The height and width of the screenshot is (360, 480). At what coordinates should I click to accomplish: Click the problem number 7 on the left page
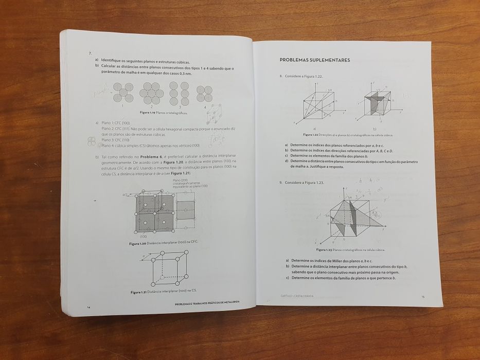click(x=90, y=53)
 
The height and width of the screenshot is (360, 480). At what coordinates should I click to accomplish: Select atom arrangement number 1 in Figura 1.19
click(x=123, y=93)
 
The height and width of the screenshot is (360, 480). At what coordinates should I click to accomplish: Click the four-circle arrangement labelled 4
click(x=204, y=94)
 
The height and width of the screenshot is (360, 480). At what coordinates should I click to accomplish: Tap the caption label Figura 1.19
click(x=149, y=113)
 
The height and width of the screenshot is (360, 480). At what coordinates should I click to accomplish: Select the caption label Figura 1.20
click(x=140, y=243)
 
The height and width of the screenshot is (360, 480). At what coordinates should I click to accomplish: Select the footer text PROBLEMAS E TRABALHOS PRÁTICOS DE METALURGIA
click(x=208, y=303)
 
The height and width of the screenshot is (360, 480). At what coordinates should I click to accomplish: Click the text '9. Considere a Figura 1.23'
click(x=302, y=183)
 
